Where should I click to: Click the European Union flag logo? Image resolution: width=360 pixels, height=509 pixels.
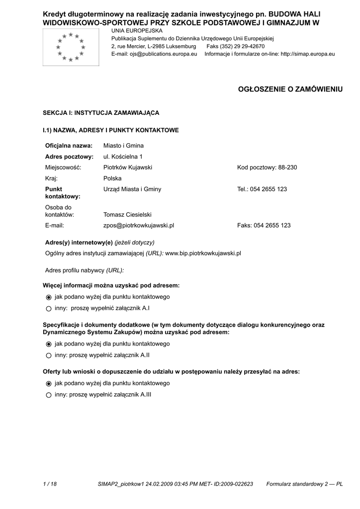71,48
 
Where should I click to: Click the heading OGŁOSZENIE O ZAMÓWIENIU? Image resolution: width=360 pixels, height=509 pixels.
291,89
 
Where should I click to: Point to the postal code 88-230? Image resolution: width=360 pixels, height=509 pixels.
287,168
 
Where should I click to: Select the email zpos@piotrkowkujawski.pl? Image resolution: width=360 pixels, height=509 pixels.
138,225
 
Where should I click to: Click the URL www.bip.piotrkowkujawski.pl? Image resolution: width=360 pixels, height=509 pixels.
203,253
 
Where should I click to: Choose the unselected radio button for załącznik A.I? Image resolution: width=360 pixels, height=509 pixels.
48,309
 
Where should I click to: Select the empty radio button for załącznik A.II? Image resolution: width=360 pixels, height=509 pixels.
48,355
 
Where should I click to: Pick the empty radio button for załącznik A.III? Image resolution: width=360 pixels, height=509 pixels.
48,395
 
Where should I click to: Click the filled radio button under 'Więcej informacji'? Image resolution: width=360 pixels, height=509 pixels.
48,297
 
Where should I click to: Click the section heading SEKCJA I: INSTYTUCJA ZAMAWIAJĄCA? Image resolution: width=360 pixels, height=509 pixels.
101,113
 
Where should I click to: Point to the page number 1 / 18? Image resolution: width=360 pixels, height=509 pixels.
50,484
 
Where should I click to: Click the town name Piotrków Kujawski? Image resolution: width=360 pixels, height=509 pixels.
127,168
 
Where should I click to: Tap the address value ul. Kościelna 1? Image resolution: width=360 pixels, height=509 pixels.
123,157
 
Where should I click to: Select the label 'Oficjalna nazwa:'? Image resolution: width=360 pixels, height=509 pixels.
69,146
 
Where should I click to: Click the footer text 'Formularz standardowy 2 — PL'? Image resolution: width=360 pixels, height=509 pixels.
304,484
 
